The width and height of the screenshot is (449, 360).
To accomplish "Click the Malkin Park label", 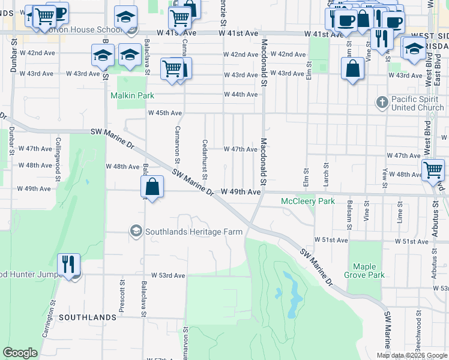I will pos(132,95).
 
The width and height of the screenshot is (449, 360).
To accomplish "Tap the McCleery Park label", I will pos(308,202).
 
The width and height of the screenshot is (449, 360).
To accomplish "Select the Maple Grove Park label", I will pos(368,271).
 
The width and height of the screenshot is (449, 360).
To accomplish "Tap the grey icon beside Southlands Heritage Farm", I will pos(136,231).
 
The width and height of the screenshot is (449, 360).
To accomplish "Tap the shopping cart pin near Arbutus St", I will pos(433,170).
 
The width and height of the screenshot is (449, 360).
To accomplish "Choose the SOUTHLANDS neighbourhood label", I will pos(88,317).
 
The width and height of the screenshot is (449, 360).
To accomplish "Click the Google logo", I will pos(20,353).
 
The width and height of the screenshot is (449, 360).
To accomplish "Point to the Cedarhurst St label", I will pos(205,160).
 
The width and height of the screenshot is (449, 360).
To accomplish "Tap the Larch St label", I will pos(327,173).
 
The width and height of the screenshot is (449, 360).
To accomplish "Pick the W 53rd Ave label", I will pos(167,275).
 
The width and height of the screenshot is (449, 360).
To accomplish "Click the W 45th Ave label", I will pos(165,113).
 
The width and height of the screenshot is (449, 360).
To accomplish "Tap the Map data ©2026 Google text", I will pos(412,355).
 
